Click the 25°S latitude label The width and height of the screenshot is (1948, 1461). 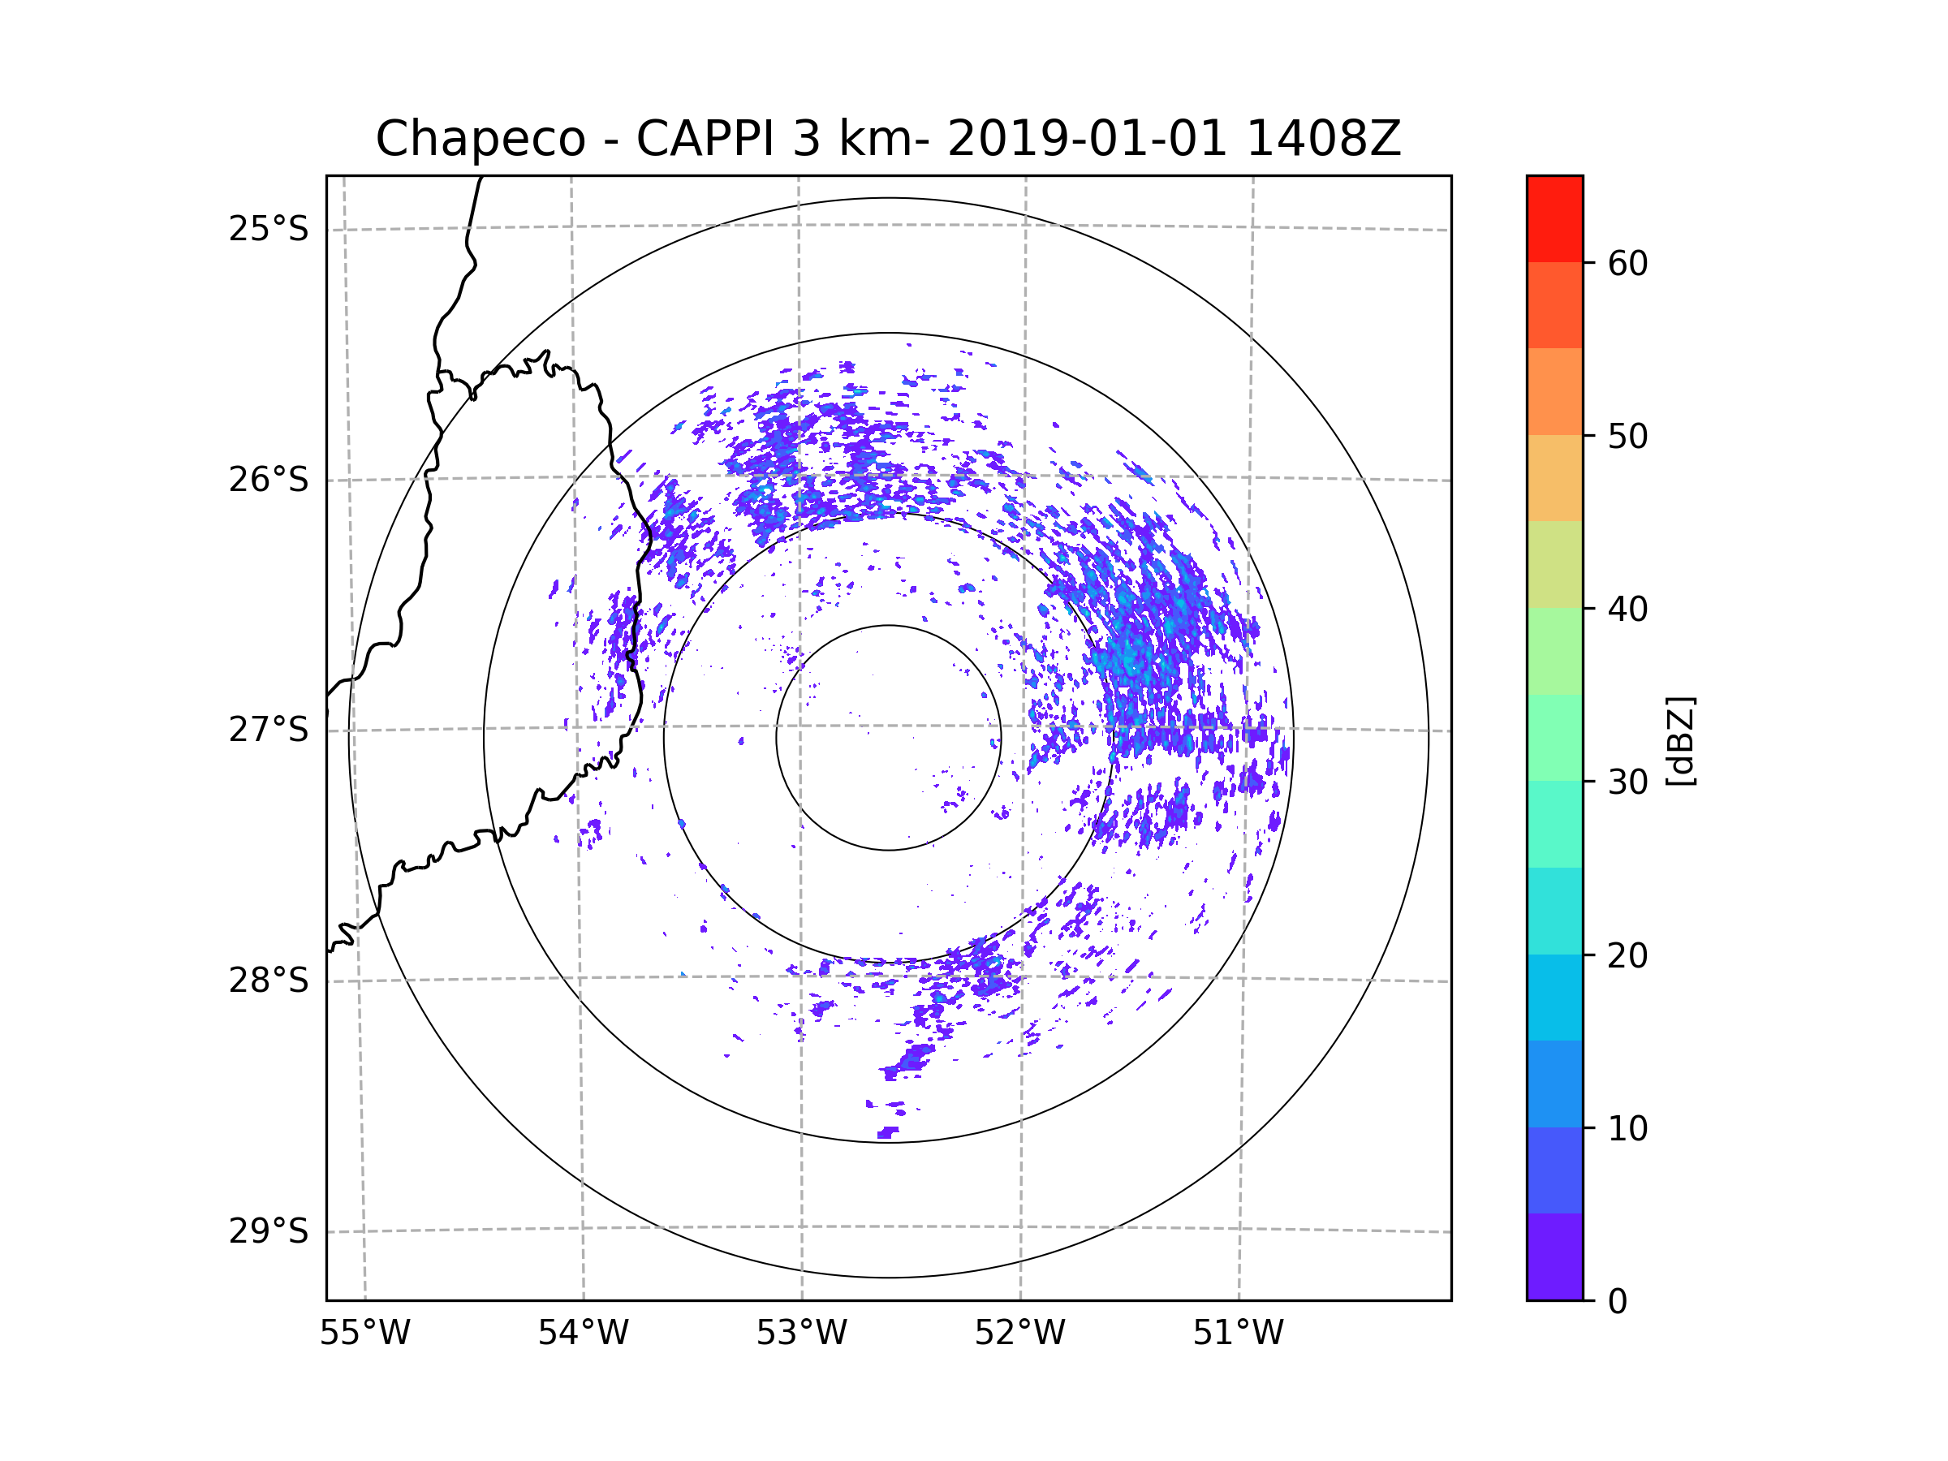[269, 229]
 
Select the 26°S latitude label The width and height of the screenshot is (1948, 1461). [269, 480]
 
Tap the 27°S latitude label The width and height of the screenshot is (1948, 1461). [269, 730]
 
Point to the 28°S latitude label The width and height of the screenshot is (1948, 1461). [269, 980]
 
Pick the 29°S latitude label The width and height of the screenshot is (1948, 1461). [269, 1231]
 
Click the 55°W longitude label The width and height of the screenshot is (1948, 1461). [364, 1334]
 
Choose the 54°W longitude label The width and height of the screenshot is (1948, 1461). [583, 1334]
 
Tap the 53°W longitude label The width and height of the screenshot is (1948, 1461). [801, 1334]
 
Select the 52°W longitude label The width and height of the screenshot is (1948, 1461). [1019, 1334]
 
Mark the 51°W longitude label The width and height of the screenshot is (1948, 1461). [1238, 1334]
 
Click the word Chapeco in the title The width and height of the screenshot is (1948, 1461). [480, 139]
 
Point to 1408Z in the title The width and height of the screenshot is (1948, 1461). [1323, 139]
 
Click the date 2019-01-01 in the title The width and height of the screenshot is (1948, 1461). [1087, 139]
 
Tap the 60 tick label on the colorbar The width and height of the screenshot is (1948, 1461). [1627, 263]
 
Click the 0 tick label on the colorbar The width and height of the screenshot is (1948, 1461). [1618, 1302]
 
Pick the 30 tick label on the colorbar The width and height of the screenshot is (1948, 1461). [1627, 782]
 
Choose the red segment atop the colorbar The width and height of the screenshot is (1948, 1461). [1554, 218]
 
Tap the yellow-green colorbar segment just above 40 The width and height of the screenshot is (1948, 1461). [1554, 564]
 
